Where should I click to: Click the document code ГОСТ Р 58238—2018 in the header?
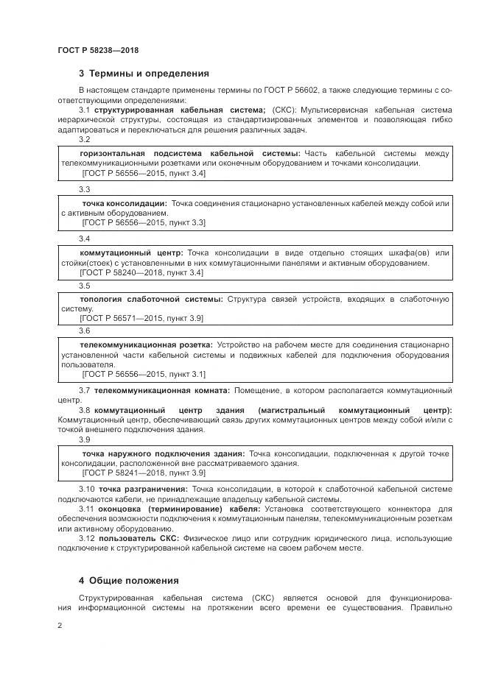(x=97, y=50)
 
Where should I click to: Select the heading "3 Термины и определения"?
(x=144, y=74)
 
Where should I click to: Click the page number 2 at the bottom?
(x=60, y=626)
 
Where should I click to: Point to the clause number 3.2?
(x=84, y=139)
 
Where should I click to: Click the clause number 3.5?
(x=84, y=286)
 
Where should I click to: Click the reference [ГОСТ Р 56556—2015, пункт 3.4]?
(x=144, y=173)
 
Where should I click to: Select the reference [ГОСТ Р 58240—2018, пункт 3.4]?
(x=141, y=272)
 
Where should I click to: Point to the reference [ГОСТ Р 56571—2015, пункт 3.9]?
(x=141, y=318)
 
